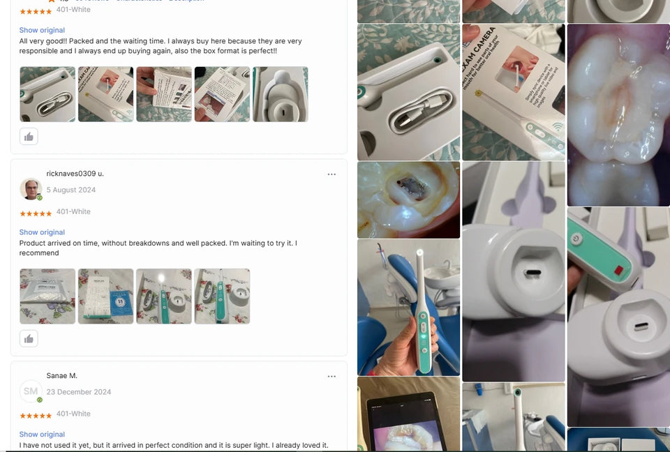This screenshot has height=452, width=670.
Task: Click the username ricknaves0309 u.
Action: click(x=75, y=174)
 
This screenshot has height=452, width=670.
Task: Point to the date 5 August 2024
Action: click(x=70, y=190)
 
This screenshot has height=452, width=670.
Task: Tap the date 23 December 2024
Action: click(x=78, y=392)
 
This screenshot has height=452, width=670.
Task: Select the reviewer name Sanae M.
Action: click(x=61, y=376)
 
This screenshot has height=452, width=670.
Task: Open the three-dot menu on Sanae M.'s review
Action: click(x=332, y=377)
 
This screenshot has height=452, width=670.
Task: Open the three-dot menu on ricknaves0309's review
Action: click(x=332, y=174)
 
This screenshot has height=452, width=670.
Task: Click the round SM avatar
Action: click(x=31, y=391)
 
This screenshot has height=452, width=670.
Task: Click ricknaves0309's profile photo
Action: click(x=31, y=189)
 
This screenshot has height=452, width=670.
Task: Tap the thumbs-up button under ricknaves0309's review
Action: click(x=29, y=339)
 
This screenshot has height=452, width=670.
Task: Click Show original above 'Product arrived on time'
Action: click(x=42, y=232)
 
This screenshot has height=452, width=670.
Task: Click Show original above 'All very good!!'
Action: click(x=42, y=31)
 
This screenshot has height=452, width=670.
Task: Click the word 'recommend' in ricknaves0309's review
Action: click(x=39, y=253)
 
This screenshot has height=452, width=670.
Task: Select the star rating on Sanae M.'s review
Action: click(x=35, y=416)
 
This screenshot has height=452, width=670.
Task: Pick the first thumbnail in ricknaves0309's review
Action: click(x=47, y=296)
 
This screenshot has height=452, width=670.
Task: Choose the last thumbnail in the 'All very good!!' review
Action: click(x=280, y=94)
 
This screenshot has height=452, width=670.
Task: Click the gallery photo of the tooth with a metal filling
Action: click(x=408, y=199)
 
